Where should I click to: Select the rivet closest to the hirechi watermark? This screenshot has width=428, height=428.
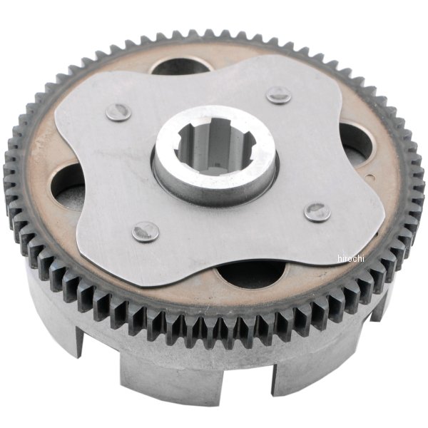click(x=317, y=212)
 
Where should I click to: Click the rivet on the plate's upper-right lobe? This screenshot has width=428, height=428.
click(x=278, y=95)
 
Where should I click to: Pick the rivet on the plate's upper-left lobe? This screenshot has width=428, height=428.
click(x=118, y=111)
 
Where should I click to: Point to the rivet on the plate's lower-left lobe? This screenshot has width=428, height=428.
click(x=146, y=231)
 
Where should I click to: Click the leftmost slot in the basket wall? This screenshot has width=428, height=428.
click(x=79, y=343)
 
